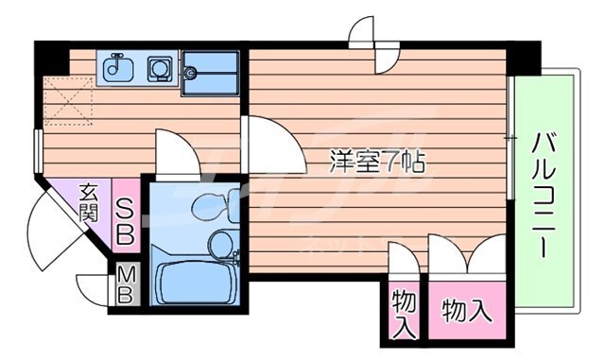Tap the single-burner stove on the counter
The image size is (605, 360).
click(156, 67)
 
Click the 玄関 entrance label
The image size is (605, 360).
click(89, 200)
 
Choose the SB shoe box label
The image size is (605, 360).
click(126, 216)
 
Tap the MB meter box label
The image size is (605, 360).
click(126, 284)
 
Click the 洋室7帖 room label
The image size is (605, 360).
click(376, 161)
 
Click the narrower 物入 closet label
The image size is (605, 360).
click(404, 313)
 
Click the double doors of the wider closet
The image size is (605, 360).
click(469, 253)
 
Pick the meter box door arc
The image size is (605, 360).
click(99, 289)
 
